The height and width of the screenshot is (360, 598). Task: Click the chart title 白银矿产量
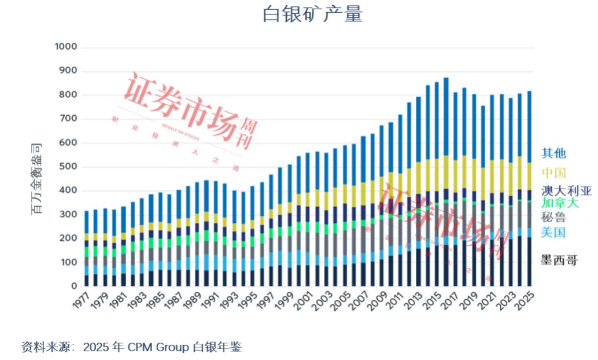[312, 14]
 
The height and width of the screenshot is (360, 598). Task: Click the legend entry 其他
[553, 153]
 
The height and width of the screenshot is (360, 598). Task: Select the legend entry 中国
[553, 172]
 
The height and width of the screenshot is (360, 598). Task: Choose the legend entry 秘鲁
[553, 218]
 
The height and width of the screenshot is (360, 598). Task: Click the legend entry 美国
[553, 233]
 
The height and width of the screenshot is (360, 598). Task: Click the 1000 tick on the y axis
[65, 47]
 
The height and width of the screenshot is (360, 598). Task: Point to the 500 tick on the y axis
[68, 167]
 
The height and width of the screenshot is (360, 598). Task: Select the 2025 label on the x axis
[526, 302]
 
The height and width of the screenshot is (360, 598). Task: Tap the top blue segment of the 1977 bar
[87, 222]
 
